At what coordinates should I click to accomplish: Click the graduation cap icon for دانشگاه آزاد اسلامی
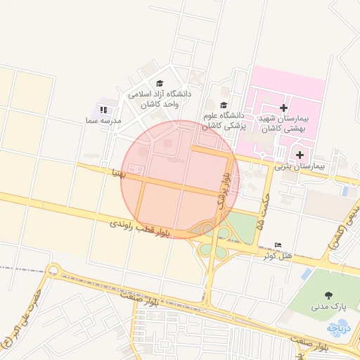[x=158, y=82]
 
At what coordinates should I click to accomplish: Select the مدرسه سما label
[x=103, y=121]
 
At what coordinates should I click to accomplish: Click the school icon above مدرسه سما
[x=103, y=110]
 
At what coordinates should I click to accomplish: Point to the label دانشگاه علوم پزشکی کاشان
[x=223, y=120]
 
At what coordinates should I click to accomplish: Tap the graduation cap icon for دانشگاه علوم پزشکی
[x=224, y=104]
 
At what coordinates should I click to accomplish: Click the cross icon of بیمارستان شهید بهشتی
[x=283, y=108]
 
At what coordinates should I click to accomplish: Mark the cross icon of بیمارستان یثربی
[x=300, y=155]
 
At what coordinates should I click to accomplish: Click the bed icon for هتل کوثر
[x=278, y=245]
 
